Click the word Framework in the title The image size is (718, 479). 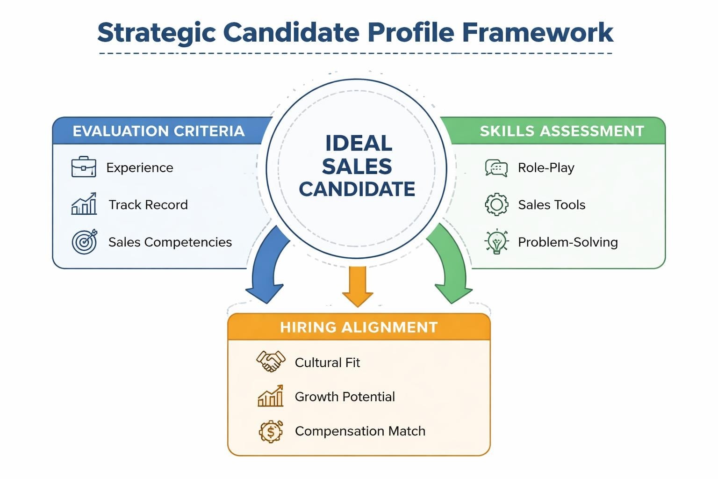538,33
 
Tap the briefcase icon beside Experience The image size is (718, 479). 84,167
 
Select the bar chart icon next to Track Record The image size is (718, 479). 84,204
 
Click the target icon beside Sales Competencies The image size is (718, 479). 84,241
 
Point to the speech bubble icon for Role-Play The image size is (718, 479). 496,167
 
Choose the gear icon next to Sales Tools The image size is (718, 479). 496,204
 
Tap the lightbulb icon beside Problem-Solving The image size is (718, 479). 496,242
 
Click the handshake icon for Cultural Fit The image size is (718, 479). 271,362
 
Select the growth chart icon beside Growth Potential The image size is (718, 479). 271,396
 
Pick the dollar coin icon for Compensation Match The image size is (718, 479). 271,431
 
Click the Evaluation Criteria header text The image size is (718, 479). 158,131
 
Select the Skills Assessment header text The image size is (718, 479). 562,131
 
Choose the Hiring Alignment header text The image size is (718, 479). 359,327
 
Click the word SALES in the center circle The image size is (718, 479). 357,167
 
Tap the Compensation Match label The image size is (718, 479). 360,431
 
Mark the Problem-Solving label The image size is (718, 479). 567,242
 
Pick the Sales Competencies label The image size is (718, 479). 170,242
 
